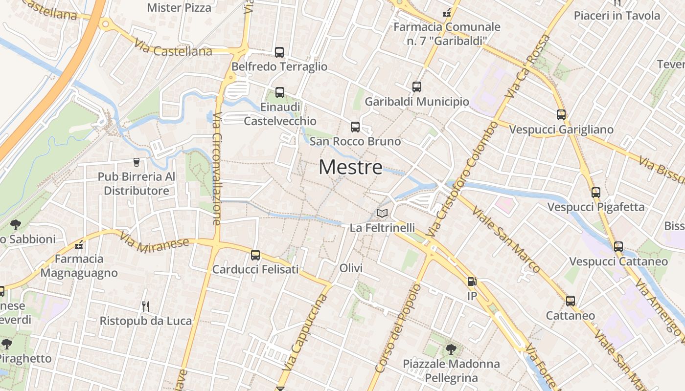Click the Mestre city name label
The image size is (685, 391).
[350, 168]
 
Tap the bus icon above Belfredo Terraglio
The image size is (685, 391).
[279, 52]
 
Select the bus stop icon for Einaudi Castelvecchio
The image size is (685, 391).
[280, 92]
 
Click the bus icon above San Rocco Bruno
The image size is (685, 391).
[355, 128]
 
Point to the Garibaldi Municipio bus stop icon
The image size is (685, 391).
[417, 87]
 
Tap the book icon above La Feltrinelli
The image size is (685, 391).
[382, 214]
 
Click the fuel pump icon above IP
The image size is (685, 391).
[472, 282]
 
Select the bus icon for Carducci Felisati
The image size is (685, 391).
[255, 255]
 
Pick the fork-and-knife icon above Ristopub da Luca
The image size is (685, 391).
[145, 306]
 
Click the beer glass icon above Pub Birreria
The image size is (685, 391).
[137, 162]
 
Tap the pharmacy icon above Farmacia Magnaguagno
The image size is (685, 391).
[79, 245]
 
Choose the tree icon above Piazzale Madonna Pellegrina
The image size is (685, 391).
[451, 349]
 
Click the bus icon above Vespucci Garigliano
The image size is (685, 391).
[561, 115]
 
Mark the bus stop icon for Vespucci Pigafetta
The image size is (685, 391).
[596, 193]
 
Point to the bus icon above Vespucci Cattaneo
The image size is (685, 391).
[618, 247]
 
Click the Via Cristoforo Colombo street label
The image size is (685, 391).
[463, 179]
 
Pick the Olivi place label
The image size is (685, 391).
[351, 268]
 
